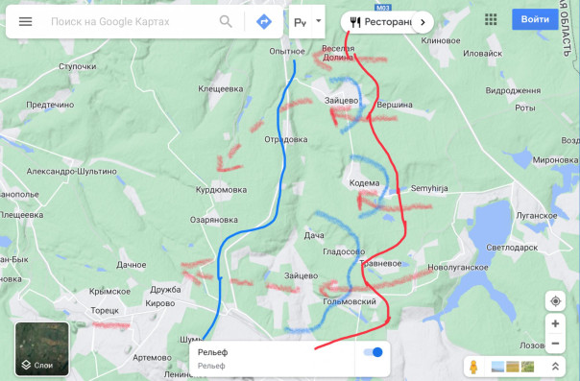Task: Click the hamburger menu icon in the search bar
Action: [x=26, y=21]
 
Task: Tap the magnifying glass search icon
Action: [x=226, y=21]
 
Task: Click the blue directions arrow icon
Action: [x=264, y=21]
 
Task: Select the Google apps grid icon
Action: [x=491, y=19]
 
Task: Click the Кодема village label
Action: [x=365, y=182]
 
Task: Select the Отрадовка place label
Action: [x=286, y=139]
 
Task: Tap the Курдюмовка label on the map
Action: [x=222, y=190]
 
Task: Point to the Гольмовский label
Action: [x=350, y=301]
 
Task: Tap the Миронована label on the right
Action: [x=555, y=159]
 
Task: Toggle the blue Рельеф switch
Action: [x=374, y=352]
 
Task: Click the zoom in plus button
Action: [x=556, y=324]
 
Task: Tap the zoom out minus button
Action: [x=556, y=344]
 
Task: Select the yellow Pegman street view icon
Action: [x=473, y=367]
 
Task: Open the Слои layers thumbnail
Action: [x=42, y=348]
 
